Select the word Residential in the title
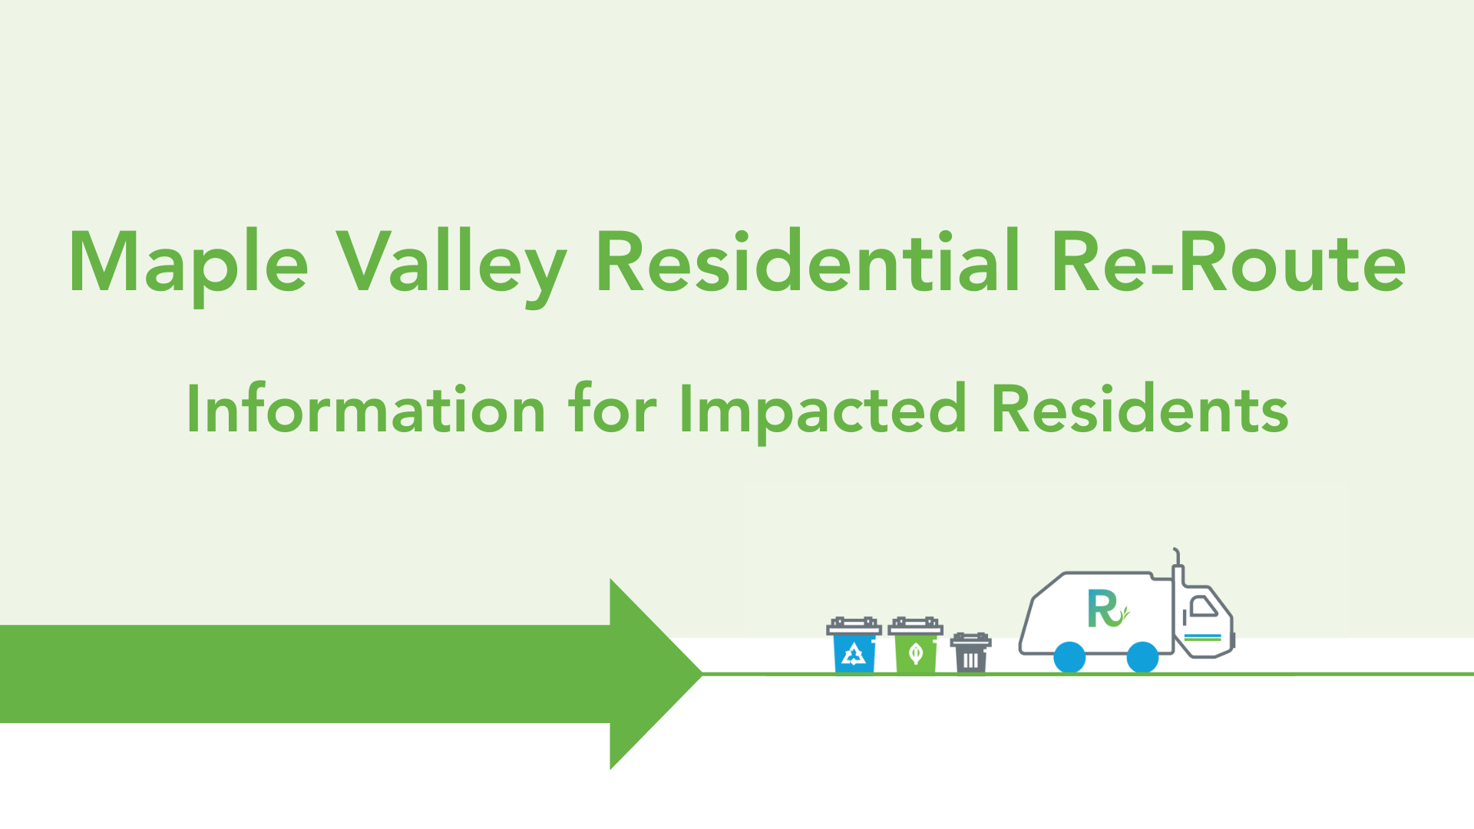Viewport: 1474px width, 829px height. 808,261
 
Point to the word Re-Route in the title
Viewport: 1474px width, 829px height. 1229,262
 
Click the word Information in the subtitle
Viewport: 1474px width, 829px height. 366,408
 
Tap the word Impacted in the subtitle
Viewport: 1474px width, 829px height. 822,412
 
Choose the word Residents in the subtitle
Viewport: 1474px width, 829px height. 1140,408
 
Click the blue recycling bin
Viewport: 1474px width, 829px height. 854,645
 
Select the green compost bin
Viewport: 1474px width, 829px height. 915,645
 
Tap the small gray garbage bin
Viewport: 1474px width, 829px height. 970,652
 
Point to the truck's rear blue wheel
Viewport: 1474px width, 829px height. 1069,658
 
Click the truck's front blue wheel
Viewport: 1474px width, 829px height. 1142,658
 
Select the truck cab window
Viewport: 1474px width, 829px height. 1202,606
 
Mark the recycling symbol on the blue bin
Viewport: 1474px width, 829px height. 854,654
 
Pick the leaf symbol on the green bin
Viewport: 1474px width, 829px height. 915,654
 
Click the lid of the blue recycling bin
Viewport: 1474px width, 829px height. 854,626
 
